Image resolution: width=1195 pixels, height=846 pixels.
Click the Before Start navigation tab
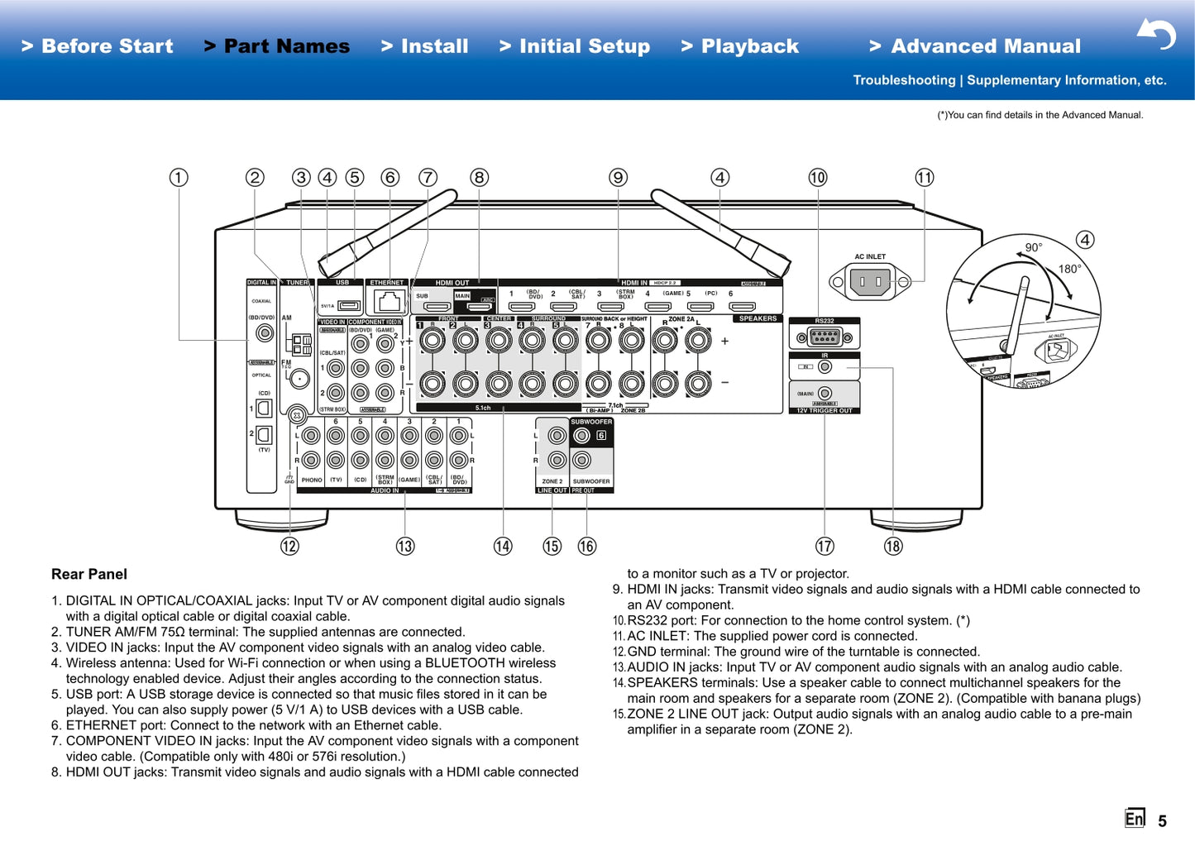tap(98, 46)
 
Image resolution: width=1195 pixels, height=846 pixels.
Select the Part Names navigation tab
tap(277, 46)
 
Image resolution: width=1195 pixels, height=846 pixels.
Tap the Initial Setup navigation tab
tap(575, 46)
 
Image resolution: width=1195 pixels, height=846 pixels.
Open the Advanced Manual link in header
tap(975, 46)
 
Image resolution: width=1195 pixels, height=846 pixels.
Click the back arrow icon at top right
tap(1156, 34)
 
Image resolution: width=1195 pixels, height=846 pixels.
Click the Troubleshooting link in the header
tap(904, 80)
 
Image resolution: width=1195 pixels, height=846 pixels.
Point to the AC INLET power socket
tap(870, 282)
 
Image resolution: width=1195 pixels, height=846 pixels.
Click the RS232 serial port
tap(825, 337)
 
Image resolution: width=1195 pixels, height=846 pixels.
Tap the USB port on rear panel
tap(349, 306)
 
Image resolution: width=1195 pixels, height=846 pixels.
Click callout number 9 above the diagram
tap(618, 178)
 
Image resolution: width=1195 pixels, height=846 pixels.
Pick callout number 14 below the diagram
tap(503, 546)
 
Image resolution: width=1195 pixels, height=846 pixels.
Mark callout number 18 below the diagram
tap(893, 546)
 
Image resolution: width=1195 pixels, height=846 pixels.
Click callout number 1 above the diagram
tap(179, 178)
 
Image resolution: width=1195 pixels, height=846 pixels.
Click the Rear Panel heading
tap(89, 574)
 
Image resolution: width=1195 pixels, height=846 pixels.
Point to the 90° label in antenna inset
tap(1034, 247)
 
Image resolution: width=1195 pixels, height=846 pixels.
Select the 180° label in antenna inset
tap(1069, 269)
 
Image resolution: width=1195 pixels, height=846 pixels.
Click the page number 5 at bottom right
tap(1162, 820)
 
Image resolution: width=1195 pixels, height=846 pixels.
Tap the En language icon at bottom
tap(1134, 818)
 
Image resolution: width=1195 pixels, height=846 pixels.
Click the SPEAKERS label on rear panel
tap(758, 318)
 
